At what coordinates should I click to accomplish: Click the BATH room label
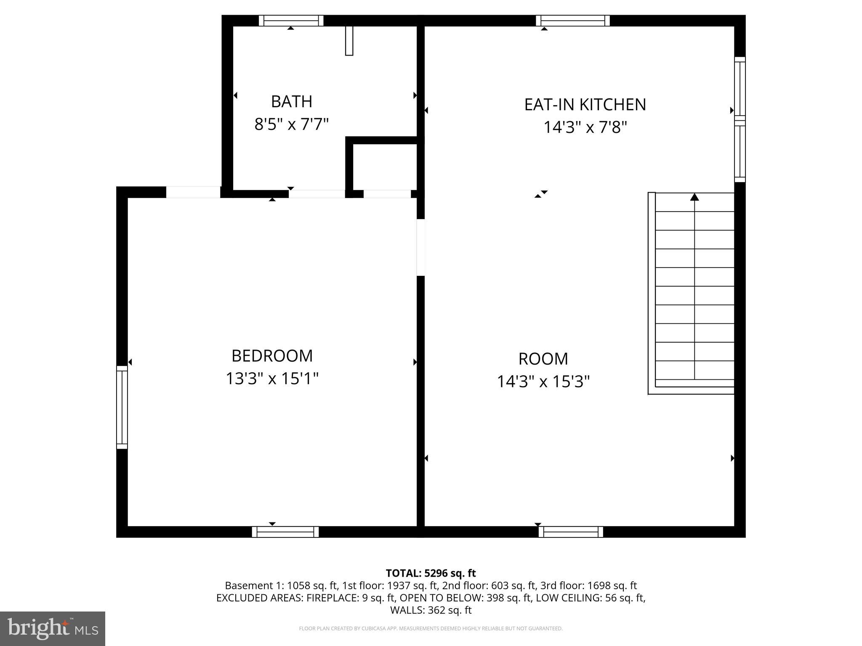(x=291, y=101)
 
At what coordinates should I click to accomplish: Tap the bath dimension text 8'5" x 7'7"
(x=291, y=124)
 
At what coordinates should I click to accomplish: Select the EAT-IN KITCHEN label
(x=585, y=104)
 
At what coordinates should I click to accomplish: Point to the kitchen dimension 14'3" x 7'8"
(x=585, y=127)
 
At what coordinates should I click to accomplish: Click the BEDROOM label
(x=272, y=356)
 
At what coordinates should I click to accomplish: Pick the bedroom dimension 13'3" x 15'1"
(x=272, y=379)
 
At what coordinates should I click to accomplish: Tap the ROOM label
(x=543, y=359)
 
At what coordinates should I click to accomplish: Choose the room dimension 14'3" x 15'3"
(x=543, y=381)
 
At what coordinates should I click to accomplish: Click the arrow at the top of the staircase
(x=694, y=197)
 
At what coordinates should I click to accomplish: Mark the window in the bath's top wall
(x=291, y=21)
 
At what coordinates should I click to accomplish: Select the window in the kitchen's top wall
(x=573, y=21)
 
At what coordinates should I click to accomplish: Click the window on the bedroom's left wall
(x=122, y=407)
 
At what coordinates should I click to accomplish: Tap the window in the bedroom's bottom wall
(x=285, y=532)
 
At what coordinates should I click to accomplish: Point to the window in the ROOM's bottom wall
(x=571, y=532)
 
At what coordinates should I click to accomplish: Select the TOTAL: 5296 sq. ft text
(x=431, y=573)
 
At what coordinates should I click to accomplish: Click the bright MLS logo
(x=53, y=628)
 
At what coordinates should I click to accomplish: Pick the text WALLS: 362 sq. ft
(x=431, y=610)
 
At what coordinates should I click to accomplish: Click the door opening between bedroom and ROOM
(x=420, y=247)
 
